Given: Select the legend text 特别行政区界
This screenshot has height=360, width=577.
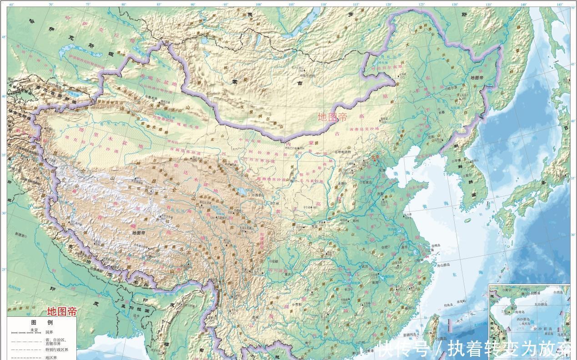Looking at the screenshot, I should click(56, 350).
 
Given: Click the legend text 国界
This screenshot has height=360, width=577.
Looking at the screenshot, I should click(49, 332).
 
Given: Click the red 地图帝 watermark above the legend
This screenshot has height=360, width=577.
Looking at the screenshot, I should click(62, 312).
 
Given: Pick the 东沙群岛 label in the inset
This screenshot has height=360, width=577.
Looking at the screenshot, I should click(544, 304).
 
